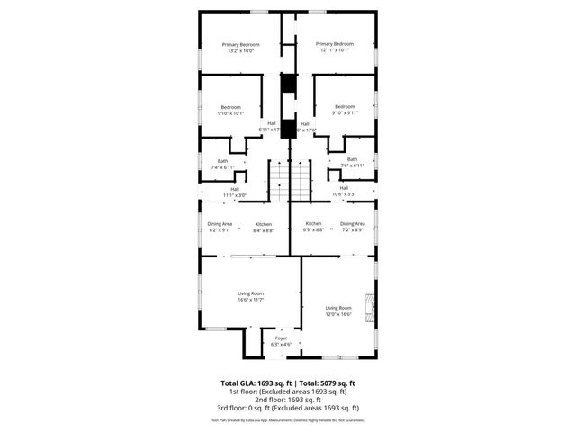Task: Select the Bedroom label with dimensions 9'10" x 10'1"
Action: pyautogui.click(x=231, y=111)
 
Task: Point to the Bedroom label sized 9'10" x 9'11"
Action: pyautogui.click(x=345, y=110)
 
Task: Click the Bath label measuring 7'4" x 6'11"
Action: pyautogui.click(x=222, y=164)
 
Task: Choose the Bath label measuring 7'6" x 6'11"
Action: pyautogui.click(x=352, y=163)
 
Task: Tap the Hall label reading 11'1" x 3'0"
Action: pyautogui.click(x=235, y=192)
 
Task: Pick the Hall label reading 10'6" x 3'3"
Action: pyautogui.click(x=344, y=191)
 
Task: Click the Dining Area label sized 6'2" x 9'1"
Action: pyautogui.click(x=220, y=227)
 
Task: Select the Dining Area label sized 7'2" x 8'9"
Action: pyautogui.click(x=353, y=227)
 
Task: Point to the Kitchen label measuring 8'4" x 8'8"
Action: pyautogui.click(x=264, y=227)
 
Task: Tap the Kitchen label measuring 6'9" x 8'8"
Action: pyautogui.click(x=313, y=227)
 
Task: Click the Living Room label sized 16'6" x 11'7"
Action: pyautogui.click(x=250, y=296)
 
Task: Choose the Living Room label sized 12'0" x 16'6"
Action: pyautogui.click(x=338, y=310)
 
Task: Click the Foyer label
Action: pyautogui.click(x=281, y=341)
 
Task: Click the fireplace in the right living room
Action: pyautogui.click(x=369, y=306)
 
